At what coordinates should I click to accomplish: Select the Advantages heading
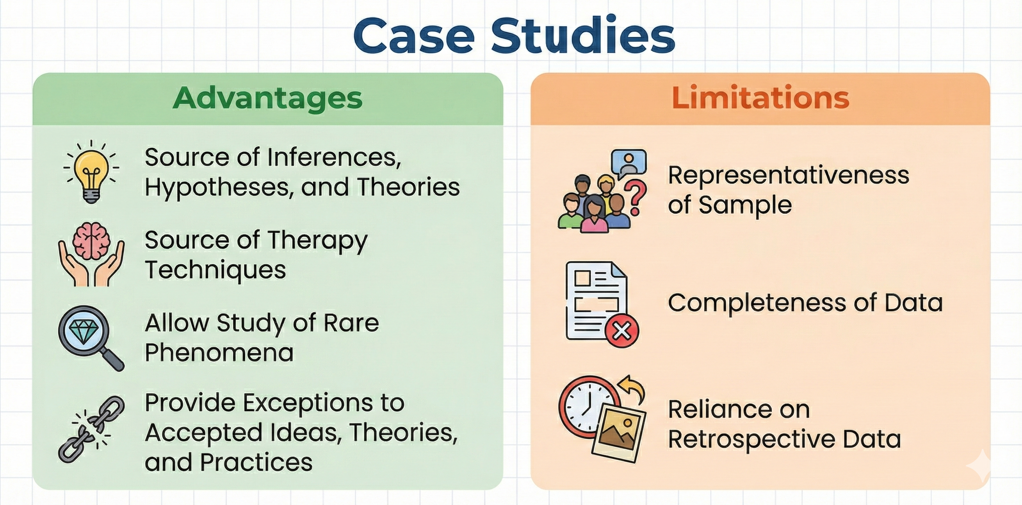268,98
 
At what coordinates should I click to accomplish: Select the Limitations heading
760,98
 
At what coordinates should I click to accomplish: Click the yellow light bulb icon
91,173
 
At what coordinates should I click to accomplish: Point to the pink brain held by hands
91,241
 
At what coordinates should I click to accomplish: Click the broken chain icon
91,429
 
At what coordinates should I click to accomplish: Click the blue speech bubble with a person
629,162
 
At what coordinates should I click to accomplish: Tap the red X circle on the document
622,331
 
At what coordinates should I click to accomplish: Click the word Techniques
215,270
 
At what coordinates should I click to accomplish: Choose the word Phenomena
219,353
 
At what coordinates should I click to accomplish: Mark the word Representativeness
788,175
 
